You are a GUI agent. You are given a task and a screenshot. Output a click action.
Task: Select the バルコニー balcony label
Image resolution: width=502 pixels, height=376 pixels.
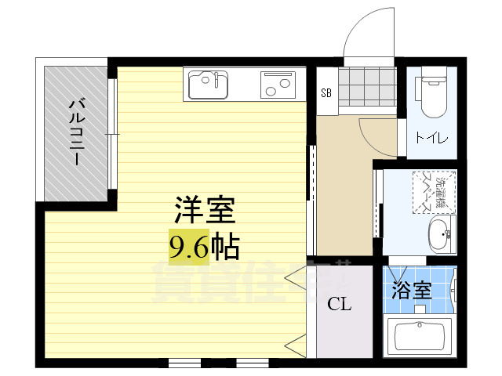click(76, 132)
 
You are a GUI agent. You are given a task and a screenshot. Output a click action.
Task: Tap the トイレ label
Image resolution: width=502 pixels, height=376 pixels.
click(432, 139)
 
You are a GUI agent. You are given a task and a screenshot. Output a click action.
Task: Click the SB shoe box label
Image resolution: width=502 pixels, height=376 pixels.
click(326, 92)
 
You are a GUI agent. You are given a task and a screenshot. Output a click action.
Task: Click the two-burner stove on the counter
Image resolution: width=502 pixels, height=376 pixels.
click(275, 83)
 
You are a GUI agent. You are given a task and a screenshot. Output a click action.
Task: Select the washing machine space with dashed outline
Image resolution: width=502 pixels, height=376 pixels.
click(433, 191)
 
